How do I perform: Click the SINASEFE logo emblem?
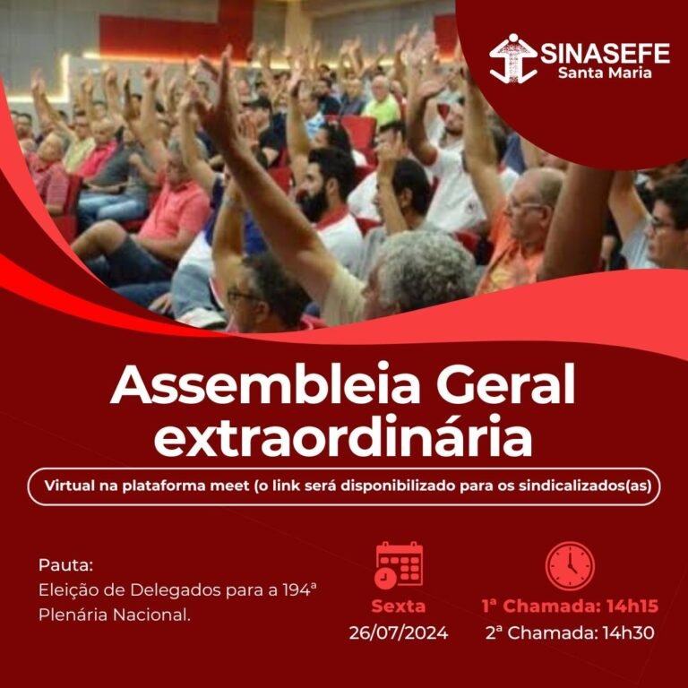coord(512,58)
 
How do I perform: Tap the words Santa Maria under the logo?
coord(605,73)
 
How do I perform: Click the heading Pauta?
coord(65,565)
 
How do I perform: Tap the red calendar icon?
coord(399,565)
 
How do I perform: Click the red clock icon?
coord(570,565)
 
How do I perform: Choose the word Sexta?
coord(399,606)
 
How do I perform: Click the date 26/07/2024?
coord(399,632)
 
